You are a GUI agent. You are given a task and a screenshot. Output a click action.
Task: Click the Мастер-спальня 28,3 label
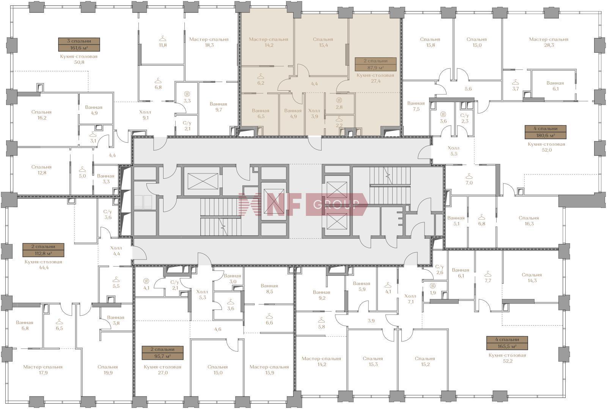pyautogui.click(x=549, y=42)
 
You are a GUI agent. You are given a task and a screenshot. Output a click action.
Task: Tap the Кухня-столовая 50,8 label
pyautogui.click(x=79, y=59)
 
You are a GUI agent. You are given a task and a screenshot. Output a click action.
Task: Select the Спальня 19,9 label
pyautogui.click(x=108, y=370)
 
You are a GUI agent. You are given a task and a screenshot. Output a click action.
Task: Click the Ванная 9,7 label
pyautogui.click(x=219, y=107)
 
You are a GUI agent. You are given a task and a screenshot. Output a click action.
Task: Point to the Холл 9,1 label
pyautogui.click(x=145, y=115)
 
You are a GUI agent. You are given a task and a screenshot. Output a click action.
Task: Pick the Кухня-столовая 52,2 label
pyautogui.click(x=507, y=358)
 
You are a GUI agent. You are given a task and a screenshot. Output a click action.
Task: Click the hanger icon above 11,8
pyautogui.click(x=163, y=38)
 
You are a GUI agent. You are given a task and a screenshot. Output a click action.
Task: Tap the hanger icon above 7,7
pyautogui.click(x=488, y=274)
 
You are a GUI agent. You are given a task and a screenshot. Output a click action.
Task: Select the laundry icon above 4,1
pyautogui.click(x=146, y=281)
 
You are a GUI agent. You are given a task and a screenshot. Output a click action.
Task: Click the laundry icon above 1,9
pyautogui.click(x=433, y=285)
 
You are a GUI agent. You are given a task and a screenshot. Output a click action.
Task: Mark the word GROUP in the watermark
pyautogui.click(x=336, y=204)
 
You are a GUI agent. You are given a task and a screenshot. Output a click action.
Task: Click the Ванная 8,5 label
pyautogui.click(x=269, y=289)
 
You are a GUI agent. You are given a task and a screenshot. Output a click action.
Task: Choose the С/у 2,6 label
pyautogui.click(x=440, y=269)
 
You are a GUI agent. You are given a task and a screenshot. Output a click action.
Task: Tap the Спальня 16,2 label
pyautogui.click(x=41, y=115)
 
